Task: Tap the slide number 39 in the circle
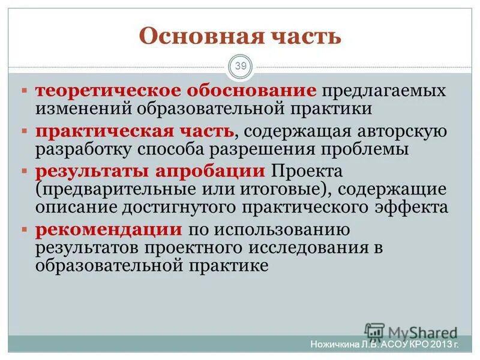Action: (x=241, y=66)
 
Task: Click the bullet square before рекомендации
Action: (x=25, y=230)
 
